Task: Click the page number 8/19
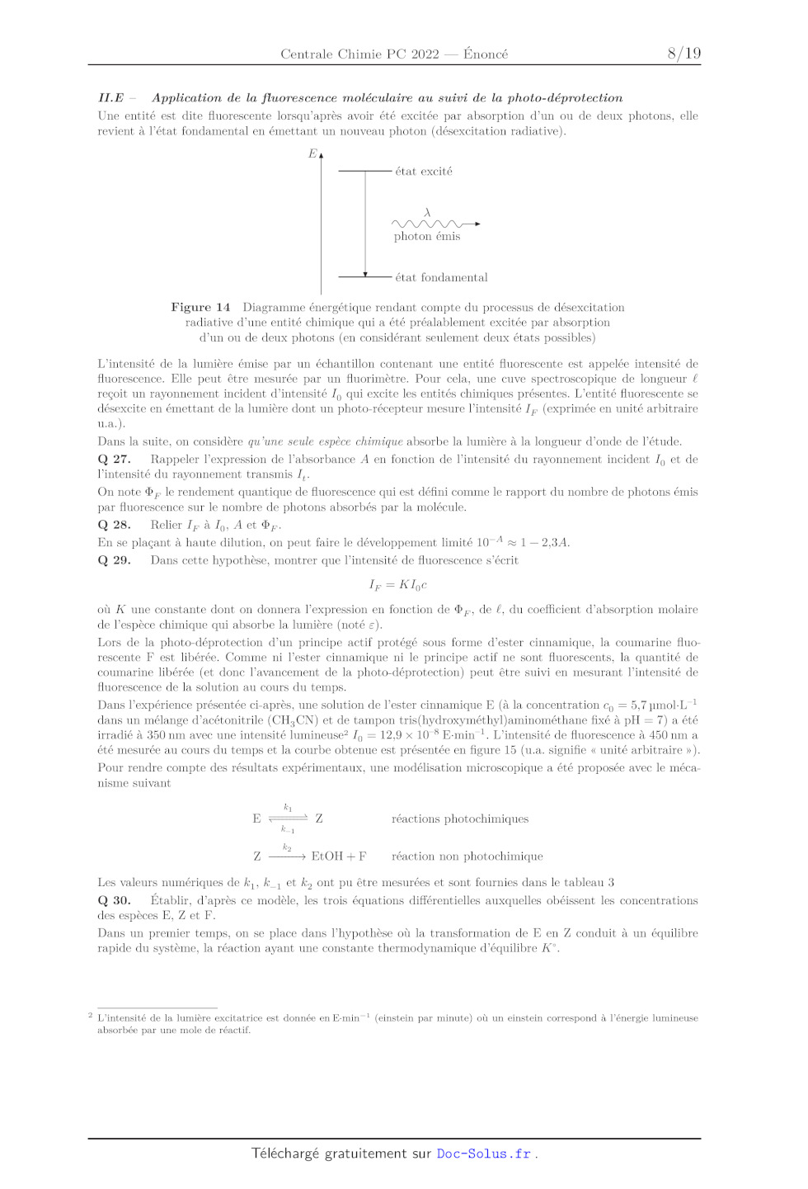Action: pos(684,54)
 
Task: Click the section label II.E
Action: pos(111,97)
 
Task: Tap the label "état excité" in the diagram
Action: pos(424,172)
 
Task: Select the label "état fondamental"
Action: pos(441,277)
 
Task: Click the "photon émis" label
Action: pos(427,237)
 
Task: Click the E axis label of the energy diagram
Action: pos(312,153)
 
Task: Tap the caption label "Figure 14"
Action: pos(200,308)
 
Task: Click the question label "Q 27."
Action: pos(114,460)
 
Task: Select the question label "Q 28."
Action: pos(114,525)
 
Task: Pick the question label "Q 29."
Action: pos(114,560)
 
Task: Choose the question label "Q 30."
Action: pos(114,901)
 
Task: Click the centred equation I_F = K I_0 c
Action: pos(397,585)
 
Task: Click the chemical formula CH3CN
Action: pos(294,720)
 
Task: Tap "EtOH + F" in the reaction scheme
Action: pos(339,856)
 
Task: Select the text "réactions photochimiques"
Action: pos(460,819)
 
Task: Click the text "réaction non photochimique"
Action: pos(467,856)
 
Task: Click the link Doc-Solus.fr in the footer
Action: pos(484,1154)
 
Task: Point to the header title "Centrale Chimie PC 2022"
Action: pos(359,54)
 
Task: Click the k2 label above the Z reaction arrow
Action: pos(287,847)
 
